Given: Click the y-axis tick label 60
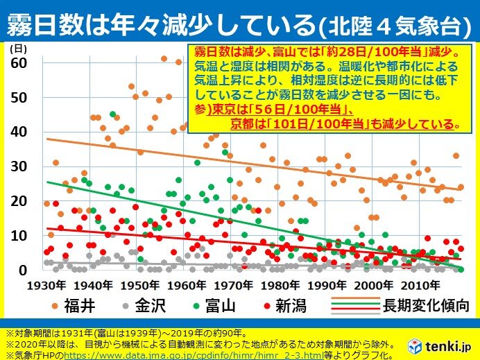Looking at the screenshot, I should [19, 62].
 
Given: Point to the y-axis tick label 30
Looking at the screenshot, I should [19, 166].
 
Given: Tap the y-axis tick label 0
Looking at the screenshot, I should [22, 270].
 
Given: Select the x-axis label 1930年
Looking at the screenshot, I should [49, 285].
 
